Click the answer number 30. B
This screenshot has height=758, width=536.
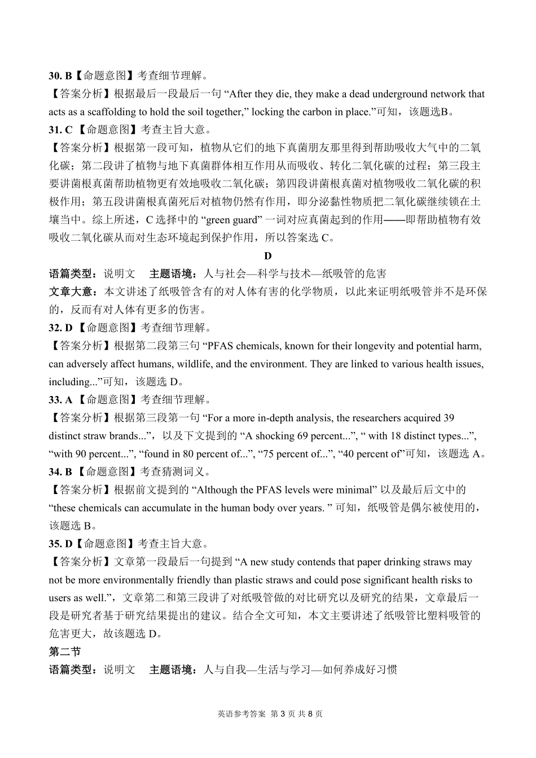tap(60, 76)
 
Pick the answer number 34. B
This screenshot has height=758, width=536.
tap(60, 472)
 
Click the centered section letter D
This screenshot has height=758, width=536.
tap(268, 256)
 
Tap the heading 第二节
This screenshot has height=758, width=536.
tap(64, 652)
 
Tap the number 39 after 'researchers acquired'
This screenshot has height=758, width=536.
tap(449, 418)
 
